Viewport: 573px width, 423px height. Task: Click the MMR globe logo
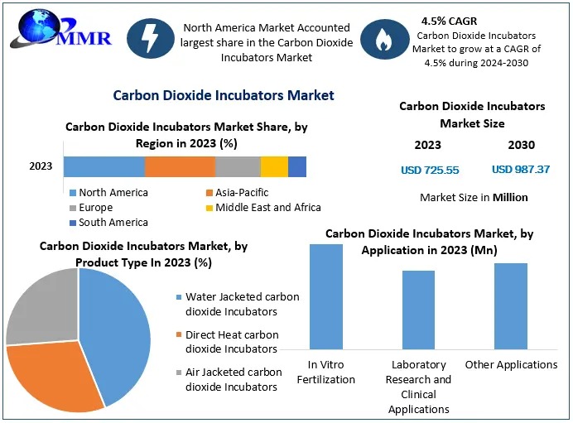click(38, 30)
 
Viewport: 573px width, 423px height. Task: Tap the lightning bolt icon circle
click(151, 41)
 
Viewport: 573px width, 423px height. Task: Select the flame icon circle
click(385, 41)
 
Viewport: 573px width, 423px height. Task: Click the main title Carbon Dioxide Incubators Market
click(224, 95)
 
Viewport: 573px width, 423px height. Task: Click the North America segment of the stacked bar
click(104, 166)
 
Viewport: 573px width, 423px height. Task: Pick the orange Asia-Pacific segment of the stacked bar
click(180, 166)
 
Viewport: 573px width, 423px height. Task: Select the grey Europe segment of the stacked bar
click(238, 166)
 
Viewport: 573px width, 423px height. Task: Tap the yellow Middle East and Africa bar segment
click(274, 166)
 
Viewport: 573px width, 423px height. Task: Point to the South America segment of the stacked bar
click(297, 166)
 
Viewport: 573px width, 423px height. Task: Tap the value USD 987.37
click(521, 170)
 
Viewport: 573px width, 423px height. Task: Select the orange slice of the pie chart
click(54, 377)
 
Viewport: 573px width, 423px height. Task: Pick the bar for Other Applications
click(511, 305)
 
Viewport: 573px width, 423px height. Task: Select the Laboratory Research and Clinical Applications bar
click(418, 310)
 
